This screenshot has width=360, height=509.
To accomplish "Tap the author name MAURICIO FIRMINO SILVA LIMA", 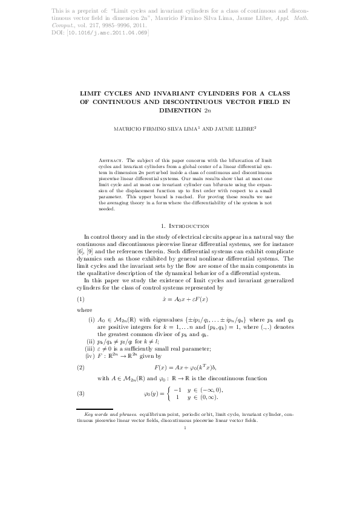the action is [x=164, y=129].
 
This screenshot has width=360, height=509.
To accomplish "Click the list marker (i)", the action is [x=91, y=317].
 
